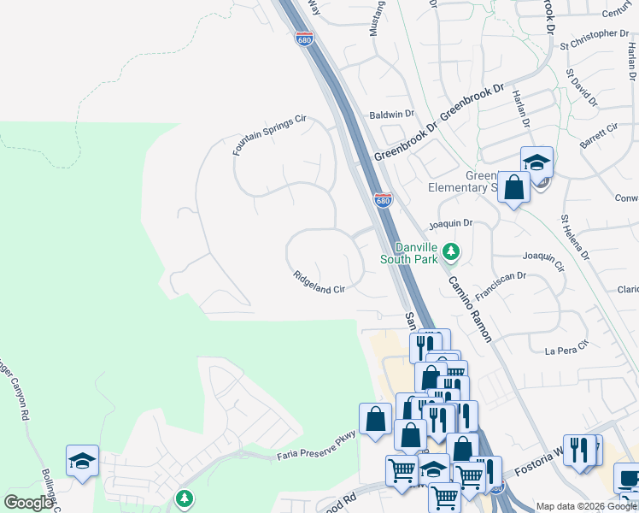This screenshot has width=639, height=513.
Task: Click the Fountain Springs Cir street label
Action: click(x=269, y=136)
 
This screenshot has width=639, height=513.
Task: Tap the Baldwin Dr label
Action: click(x=391, y=114)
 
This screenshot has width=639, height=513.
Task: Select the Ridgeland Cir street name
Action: click(x=318, y=283)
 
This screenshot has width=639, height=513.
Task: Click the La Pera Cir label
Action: click(x=567, y=348)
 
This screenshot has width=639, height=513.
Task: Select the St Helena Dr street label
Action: click(x=575, y=238)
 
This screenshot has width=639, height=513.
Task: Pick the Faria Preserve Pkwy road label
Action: click(x=315, y=447)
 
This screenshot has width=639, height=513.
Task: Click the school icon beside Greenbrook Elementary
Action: click(x=536, y=161)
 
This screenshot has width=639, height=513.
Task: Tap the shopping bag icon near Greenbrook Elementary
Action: click(x=513, y=186)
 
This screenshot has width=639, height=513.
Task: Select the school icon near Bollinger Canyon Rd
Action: click(x=83, y=460)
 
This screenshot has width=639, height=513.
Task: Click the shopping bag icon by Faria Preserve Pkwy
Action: click(x=375, y=419)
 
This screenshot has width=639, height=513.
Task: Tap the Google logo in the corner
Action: click(x=28, y=503)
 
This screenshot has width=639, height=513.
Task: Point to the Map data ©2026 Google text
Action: click(x=587, y=506)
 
